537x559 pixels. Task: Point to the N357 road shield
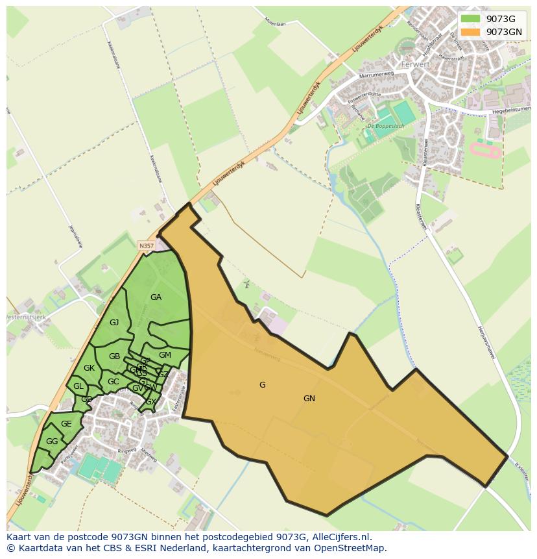coord(146,245)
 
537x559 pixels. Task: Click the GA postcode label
coord(156,297)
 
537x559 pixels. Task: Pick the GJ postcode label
coord(114,323)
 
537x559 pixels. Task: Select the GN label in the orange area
coord(309,399)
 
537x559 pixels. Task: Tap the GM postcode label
coord(165,355)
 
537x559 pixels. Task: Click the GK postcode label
coord(89,368)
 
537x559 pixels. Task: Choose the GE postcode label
coord(66,424)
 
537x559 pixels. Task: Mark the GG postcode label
coord(52,441)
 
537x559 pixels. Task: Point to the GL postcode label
coord(78,386)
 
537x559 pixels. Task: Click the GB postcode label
coord(114,356)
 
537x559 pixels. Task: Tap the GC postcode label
coord(113,382)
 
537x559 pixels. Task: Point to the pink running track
coord(484,152)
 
